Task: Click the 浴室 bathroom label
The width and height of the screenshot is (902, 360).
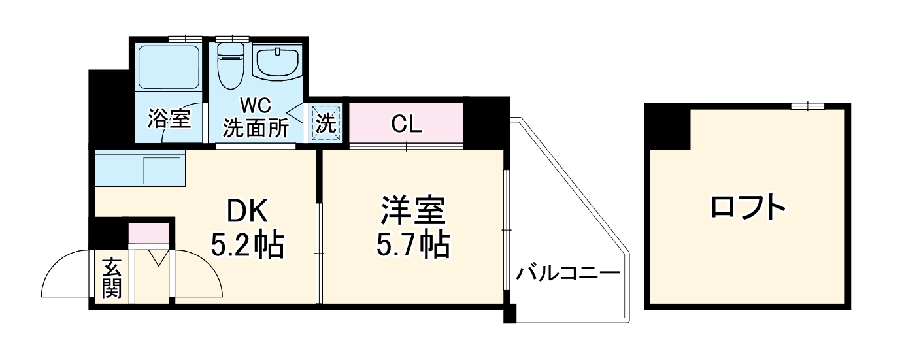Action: (x=169, y=119)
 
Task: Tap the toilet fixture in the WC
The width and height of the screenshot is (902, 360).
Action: (x=229, y=65)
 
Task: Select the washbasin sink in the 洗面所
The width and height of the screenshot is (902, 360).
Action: (x=277, y=62)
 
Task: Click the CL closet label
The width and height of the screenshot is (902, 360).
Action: (x=406, y=123)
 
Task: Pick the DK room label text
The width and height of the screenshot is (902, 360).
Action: (x=247, y=212)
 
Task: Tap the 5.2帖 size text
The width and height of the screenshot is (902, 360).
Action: (x=247, y=246)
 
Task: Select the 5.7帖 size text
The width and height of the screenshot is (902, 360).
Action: (x=413, y=246)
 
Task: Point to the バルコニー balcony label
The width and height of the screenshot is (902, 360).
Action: (x=567, y=273)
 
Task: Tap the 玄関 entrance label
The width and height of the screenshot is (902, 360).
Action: (x=112, y=278)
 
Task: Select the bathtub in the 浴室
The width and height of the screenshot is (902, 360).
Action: (x=169, y=68)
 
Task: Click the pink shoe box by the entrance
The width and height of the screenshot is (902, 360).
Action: (x=149, y=233)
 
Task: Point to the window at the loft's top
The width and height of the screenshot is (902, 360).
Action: (x=808, y=106)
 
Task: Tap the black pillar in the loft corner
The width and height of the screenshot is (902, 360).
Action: (x=667, y=127)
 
